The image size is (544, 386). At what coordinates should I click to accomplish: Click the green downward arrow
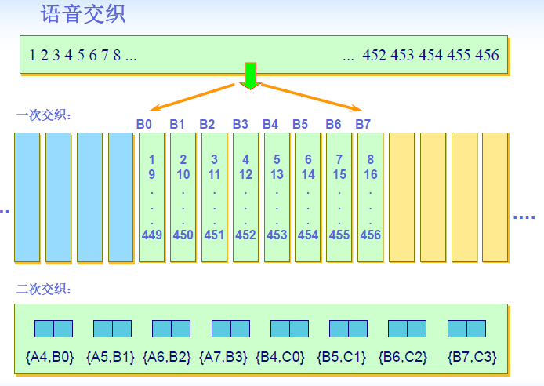[x=250, y=75]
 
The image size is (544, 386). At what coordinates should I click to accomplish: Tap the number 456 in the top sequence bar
[x=487, y=55]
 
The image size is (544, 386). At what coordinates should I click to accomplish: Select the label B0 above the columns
[x=143, y=123]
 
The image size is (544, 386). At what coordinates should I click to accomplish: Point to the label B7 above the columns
[x=363, y=123]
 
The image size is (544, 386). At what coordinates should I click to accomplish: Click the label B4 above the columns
[x=270, y=123]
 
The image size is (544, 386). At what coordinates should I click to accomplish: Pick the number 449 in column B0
[x=151, y=234]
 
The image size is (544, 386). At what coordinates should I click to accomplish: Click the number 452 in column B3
[x=245, y=234]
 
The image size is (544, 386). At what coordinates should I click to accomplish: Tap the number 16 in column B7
[x=371, y=174]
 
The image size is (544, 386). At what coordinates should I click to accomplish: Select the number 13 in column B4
[x=277, y=174]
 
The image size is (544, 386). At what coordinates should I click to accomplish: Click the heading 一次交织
[x=44, y=115]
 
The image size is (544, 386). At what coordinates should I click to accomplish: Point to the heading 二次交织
[x=44, y=289]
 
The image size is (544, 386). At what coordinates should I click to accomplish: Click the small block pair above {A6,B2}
[x=171, y=328]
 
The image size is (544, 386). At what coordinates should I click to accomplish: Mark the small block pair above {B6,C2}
[x=407, y=328]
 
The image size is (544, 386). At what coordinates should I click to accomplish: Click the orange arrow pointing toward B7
[x=314, y=96]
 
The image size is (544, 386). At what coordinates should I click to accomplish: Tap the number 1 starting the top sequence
[x=32, y=55]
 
